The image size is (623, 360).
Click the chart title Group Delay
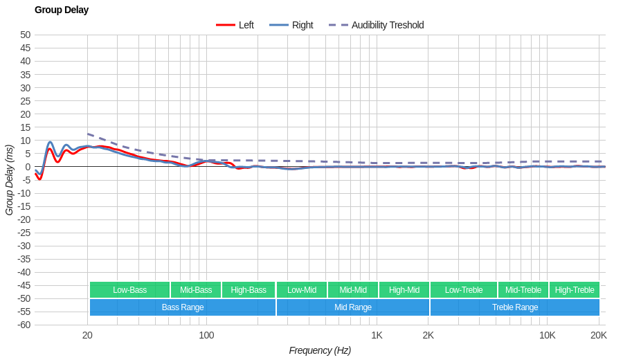pyautogui.click(x=62, y=10)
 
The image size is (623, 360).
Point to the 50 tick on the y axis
pyautogui.click(x=25, y=35)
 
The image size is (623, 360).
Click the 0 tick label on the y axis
pyautogui.click(x=28, y=167)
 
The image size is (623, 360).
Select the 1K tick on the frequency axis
pyautogui.click(x=377, y=335)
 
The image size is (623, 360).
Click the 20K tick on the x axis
pyautogui.click(x=599, y=335)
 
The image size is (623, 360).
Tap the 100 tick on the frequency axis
pyautogui.click(x=206, y=335)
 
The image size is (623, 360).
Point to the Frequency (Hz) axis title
pyautogui.click(x=320, y=350)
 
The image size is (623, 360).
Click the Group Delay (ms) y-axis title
pyautogui.click(x=9, y=180)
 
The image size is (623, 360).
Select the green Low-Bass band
pyautogui.click(x=129, y=290)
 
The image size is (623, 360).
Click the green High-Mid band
pyautogui.click(x=404, y=290)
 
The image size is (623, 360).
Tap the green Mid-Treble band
pyautogui.click(x=523, y=290)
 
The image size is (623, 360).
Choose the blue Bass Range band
pyautogui.click(x=183, y=307)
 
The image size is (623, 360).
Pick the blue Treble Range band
pyautogui.click(x=515, y=307)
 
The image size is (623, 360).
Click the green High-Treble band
pyautogui.click(x=575, y=290)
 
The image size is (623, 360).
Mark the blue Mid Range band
pyautogui.click(x=353, y=307)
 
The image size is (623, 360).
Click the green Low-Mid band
pyautogui.click(x=302, y=290)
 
